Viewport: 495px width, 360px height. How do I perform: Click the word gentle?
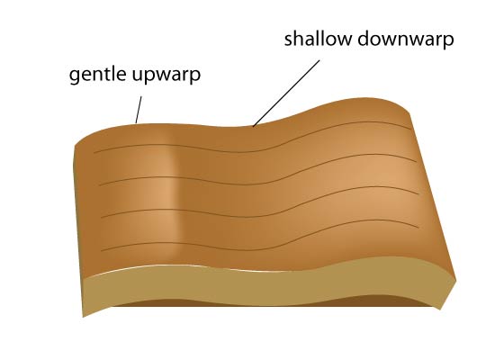pyautogui.click(x=97, y=75)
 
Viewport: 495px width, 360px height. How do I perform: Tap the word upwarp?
pyautogui.click(x=166, y=76)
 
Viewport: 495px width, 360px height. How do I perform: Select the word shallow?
pyautogui.click(x=319, y=39)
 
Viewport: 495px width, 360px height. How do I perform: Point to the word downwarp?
pyautogui.click(x=406, y=40)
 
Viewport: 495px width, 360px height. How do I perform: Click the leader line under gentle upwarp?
pyautogui.click(x=139, y=110)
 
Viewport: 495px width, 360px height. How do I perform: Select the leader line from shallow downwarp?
pyautogui.click(x=286, y=94)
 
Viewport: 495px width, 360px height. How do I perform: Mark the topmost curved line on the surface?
pyautogui.click(x=253, y=148)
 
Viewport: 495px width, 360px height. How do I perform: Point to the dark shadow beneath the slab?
pyautogui.click(x=268, y=303)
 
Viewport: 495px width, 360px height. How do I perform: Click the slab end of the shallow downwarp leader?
pyautogui.click(x=253, y=126)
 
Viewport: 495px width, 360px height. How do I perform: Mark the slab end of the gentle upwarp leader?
pyautogui.click(x=136, y=122)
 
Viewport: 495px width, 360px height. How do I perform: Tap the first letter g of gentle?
pyautogui.click(x=74, y=76)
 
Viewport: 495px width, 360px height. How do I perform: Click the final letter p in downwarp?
pyautogui.click(x=449, y=41)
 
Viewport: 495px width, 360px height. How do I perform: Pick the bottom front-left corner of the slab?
pyautogui.click(x=83, y=317)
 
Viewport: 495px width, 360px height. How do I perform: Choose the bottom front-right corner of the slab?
pyautogui.click(x=439, y=310)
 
